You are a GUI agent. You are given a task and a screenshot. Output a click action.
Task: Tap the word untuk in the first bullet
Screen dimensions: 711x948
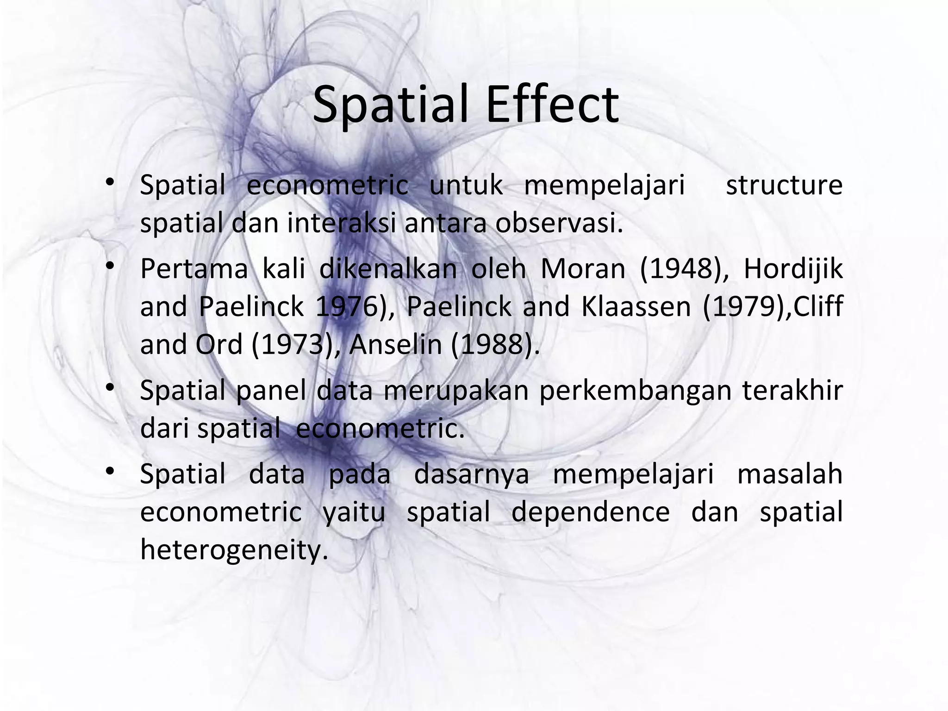tap(466, 185)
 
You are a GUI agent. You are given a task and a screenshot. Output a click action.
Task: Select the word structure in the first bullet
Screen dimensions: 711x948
tap(784, 185)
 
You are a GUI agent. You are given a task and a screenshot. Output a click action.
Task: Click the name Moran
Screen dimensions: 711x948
tap(583, 268)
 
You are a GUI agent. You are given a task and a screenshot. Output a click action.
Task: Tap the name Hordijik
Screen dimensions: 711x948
tap(793, 268)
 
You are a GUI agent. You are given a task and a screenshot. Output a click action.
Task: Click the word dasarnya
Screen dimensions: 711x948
tap(471, 474)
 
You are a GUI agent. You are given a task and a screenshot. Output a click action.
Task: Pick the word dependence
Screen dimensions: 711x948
tap(590, 512)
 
